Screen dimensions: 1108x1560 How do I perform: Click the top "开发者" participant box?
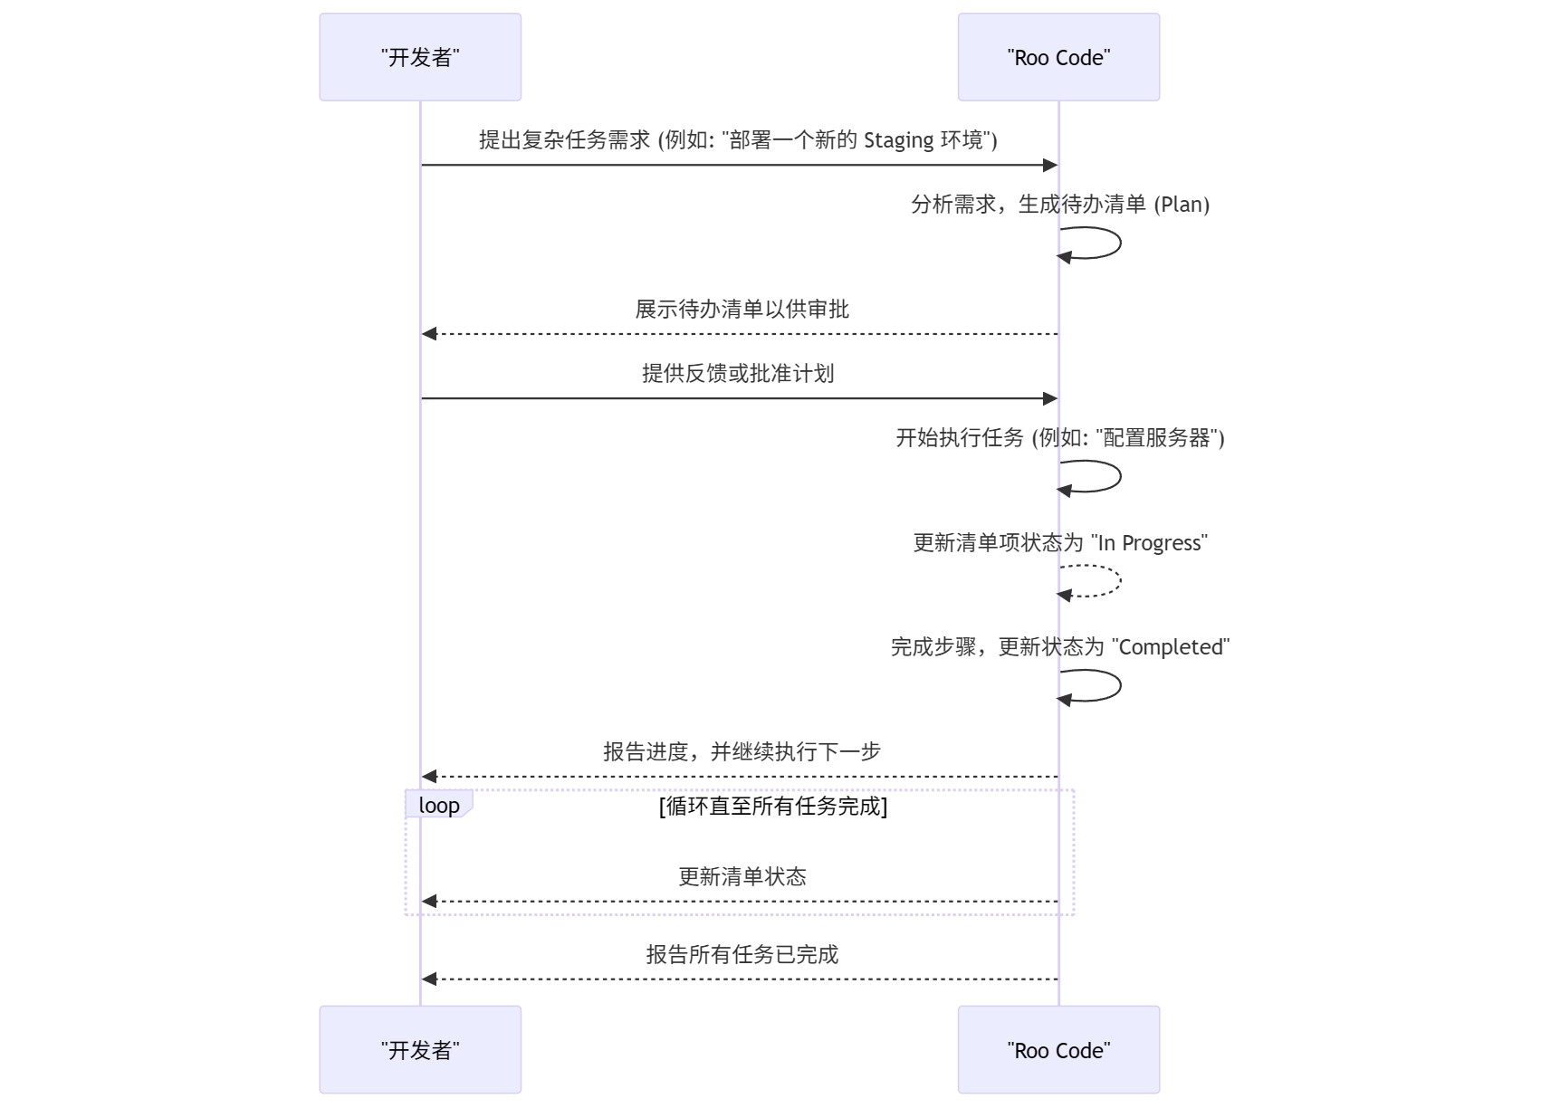click(419, 57)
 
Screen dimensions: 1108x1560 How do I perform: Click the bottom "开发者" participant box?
click(419, 1049)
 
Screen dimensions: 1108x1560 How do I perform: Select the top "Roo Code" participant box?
click(1058, 57)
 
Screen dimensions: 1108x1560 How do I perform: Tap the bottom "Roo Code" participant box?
click(1058, 1049)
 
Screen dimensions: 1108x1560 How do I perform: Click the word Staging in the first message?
click(898, 140)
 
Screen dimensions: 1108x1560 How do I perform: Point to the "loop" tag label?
click(439, 805)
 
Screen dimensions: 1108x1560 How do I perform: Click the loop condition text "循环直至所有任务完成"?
click(773, 806)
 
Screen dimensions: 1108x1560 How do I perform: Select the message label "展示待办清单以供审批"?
click(742, 310)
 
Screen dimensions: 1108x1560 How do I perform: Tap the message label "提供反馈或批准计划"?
click(738, 374)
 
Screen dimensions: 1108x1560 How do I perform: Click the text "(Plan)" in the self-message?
click(1182, 205)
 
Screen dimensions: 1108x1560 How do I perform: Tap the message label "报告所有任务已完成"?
click(742, 954)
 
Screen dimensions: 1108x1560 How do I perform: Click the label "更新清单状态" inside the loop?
click(742, 876)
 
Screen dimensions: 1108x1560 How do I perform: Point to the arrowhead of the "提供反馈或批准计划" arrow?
click(1050, 398)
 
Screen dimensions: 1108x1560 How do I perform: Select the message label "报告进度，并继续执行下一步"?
click(742, 751)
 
